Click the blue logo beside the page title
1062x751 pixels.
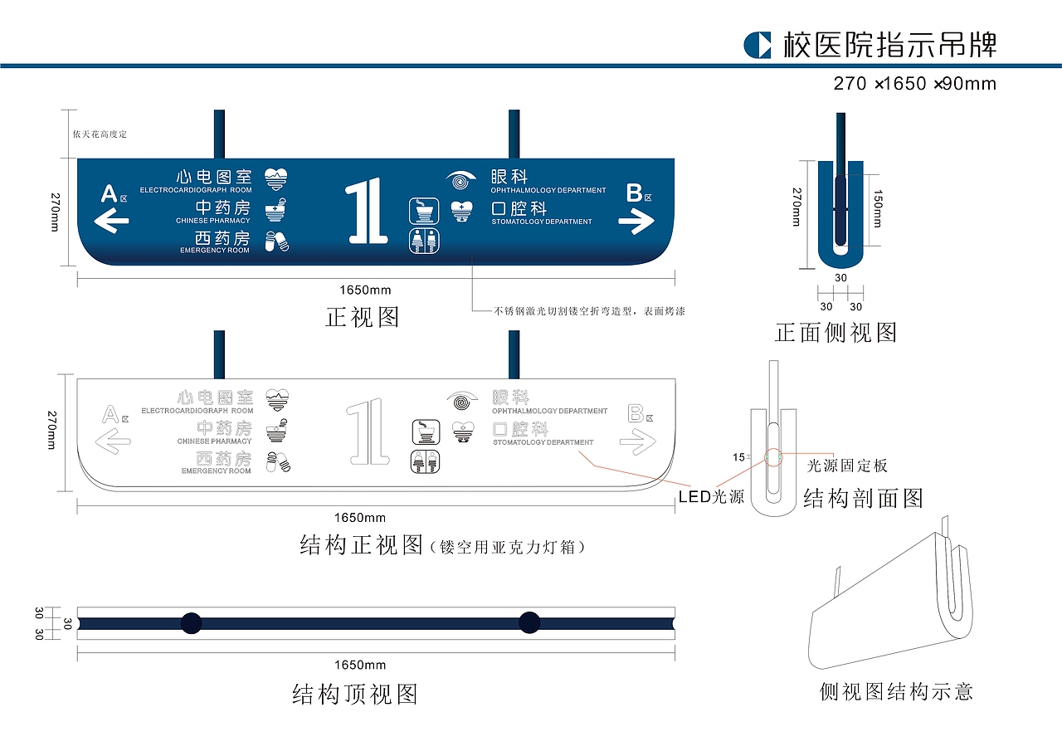pos(758,45)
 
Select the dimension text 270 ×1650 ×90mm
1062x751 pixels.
pos(914,84)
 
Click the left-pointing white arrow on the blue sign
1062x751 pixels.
pos(112,221)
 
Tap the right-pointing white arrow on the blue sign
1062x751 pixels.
pos(636,221)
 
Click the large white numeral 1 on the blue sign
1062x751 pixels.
pos(366,211)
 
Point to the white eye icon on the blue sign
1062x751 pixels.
pos(462,178)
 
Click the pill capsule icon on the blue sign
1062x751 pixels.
pos(276,241)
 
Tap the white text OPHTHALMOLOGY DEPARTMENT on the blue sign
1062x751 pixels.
pos(548,191)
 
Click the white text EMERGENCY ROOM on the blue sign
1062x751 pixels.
pos(215,251)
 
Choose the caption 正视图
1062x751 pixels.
pos(363,317)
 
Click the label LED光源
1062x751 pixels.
pos(711,497)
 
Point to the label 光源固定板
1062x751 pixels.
pos(847,466)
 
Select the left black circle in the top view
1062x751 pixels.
pos(192,622)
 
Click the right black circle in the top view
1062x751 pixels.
pos(529,622)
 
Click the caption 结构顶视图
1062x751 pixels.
pos(355,694)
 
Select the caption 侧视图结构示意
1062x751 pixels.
pos(896,691)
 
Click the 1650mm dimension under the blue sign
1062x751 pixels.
pos(365,290)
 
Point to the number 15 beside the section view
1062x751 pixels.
pos(738,457)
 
